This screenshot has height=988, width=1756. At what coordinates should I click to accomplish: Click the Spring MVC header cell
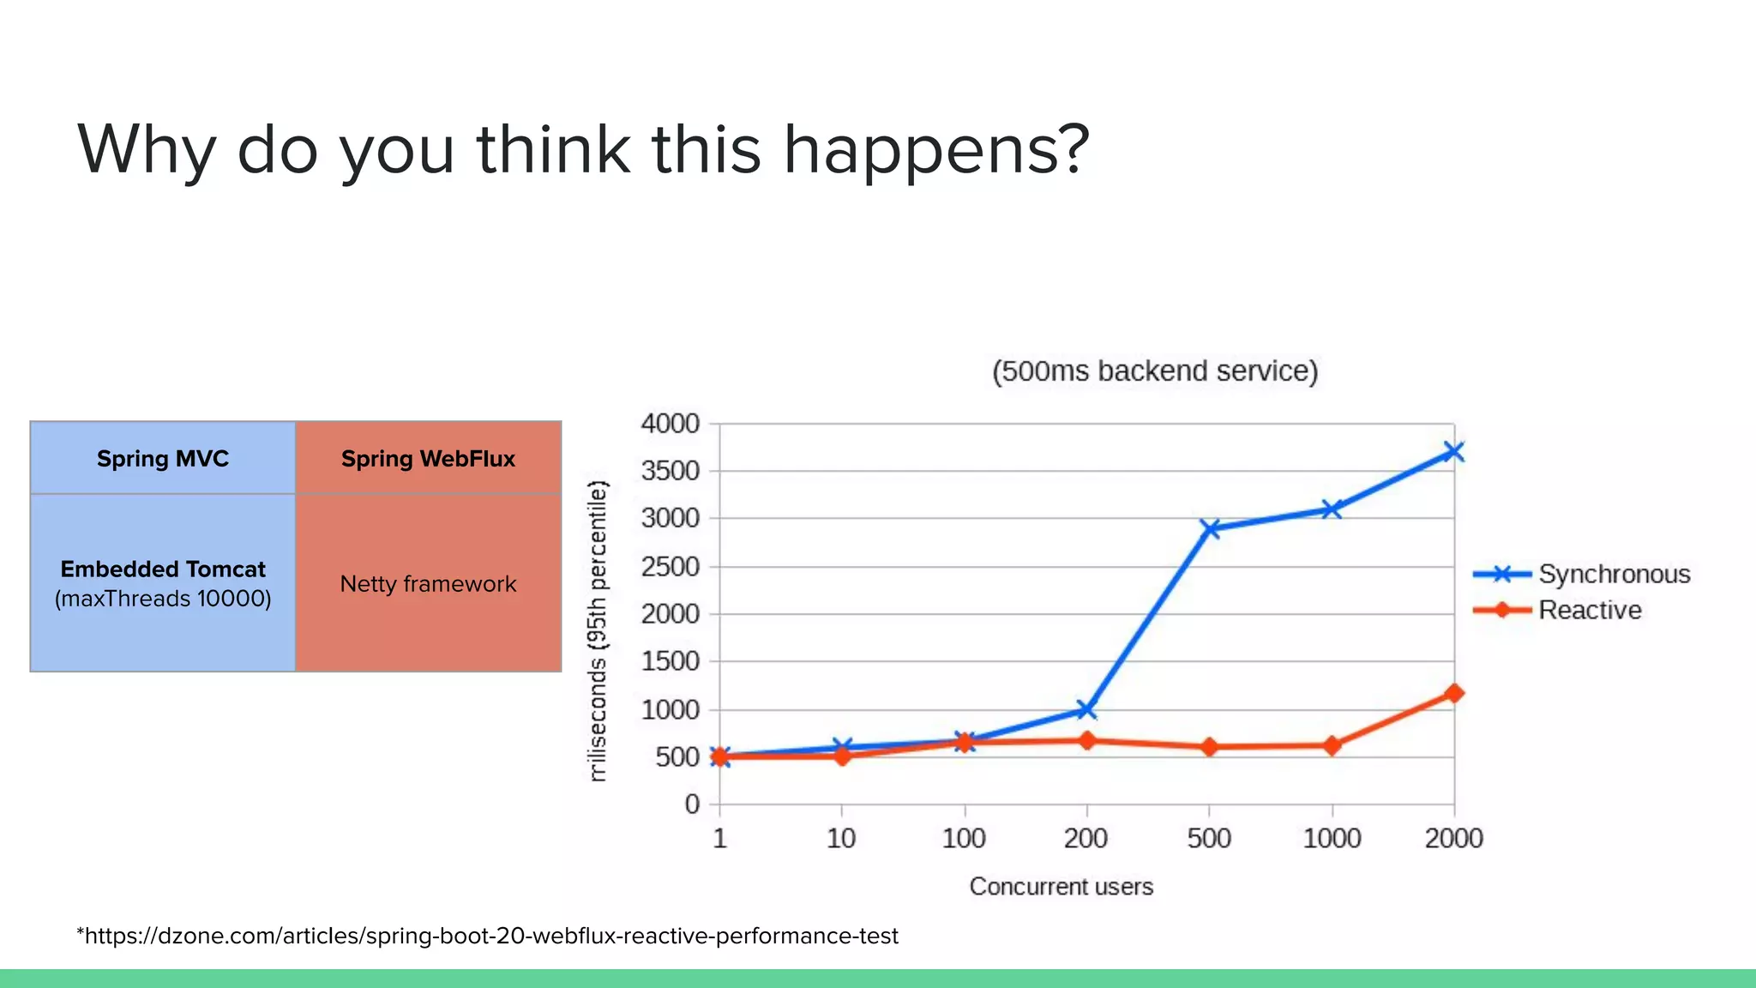coord(163,458)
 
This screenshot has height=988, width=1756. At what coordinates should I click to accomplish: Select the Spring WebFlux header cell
coord(428,458)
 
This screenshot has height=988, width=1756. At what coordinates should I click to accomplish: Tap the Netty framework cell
coord(428,584)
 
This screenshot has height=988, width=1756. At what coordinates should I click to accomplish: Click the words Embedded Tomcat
coord(163,569)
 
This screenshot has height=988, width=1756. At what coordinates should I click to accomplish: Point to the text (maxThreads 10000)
coord(163,599)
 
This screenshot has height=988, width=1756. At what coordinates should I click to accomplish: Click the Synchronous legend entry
coord(1613,574)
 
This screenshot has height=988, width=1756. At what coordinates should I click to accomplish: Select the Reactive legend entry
coord(1589,610)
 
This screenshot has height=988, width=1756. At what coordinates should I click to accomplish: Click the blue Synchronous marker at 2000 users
coord(1453,452)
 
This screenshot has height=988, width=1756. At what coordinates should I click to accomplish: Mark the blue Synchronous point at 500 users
coord(1210,528)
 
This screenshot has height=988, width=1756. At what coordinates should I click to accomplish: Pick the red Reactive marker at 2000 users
coord(1454,693)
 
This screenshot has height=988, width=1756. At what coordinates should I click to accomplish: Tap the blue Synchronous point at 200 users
coord(1086,709)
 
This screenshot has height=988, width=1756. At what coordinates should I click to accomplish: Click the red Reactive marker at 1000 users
coord(1332,745)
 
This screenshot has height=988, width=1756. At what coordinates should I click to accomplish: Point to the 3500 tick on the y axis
coord(671,471)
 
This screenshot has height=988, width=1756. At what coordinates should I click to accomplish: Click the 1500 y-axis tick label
coord(671,661)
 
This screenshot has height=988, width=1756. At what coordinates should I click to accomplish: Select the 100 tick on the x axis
coord(964,838)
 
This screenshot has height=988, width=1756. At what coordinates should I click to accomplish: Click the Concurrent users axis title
coord(1061,886)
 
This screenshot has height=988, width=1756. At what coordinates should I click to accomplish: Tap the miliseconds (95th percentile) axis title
coord(598,630)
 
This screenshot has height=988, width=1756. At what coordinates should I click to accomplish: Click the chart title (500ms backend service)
coord(1154,370)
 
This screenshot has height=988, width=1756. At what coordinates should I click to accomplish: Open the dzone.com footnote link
coord(489,936)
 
